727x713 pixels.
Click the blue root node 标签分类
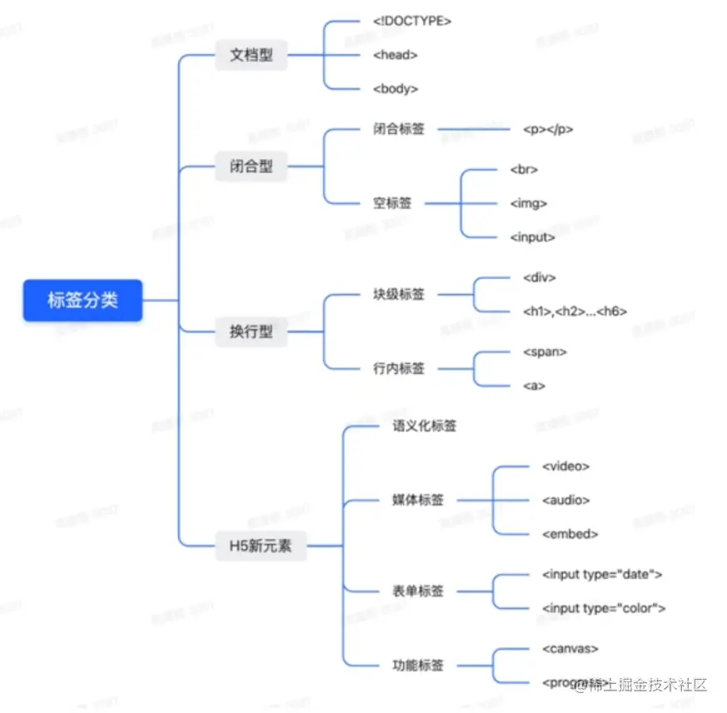pos(82,300)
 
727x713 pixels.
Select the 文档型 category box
pos(251,56)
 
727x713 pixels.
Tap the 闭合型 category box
pos(251,167)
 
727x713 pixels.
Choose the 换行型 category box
pos(251,332)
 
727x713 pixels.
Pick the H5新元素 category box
pos(261,546)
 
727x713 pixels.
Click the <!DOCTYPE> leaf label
pos(412,21)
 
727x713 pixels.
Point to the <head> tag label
pos(396,55)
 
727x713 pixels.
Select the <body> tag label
pos(396,88)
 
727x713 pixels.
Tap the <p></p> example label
pos(548,129)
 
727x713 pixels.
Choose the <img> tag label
pos(529,203)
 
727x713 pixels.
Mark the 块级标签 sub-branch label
pos(399,294)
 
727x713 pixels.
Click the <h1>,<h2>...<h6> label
pos(575,312)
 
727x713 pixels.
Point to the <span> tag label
pos(545,352)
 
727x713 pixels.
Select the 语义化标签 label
pos(425,426)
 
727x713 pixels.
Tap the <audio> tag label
pos(566,500)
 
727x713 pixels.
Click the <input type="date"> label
pos(602,574)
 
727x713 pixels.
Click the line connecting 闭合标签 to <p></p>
pos(472,129)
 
